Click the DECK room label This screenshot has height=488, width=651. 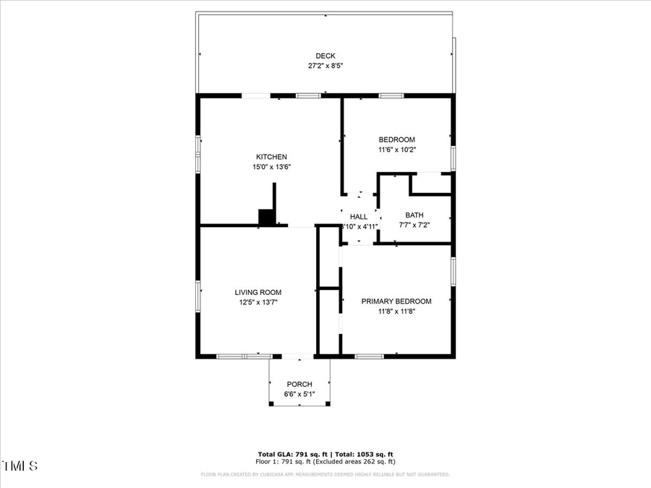point(325,56)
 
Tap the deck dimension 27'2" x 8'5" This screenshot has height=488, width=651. point(325,66)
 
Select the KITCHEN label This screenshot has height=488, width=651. point(271,157)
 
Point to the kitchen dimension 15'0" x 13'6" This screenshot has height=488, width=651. point(271,167)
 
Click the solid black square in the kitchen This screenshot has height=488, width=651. point(267,217)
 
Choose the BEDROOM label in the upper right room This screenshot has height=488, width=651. point(397,140)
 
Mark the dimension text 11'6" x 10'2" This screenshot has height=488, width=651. point(397,150)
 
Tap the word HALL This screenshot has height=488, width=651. point(359,216)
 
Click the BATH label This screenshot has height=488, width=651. point(414,215)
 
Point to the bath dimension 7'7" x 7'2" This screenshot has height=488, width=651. point(414,225)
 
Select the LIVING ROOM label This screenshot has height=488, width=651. point(258,292)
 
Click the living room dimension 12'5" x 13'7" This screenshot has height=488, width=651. point(258,302)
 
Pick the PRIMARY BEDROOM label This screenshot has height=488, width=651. point(396,301)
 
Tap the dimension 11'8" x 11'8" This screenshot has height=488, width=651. point(396,312)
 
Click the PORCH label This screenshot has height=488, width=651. point(299,384)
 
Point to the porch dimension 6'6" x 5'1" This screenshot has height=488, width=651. point(299,394)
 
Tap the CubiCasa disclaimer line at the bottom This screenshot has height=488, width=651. point(325,475)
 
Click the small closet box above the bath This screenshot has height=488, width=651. point(431,184)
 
